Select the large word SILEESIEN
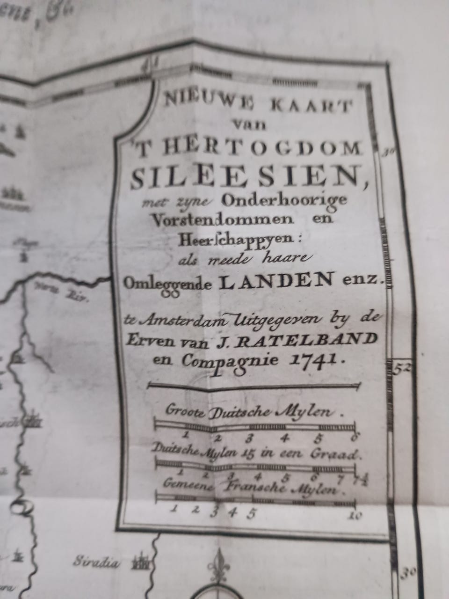pyautogui.click(x=246, y=176)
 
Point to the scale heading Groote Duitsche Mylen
pyautogui.click(x=250, y=412)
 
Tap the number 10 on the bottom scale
pyautogui.click(x=355, y=516)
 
